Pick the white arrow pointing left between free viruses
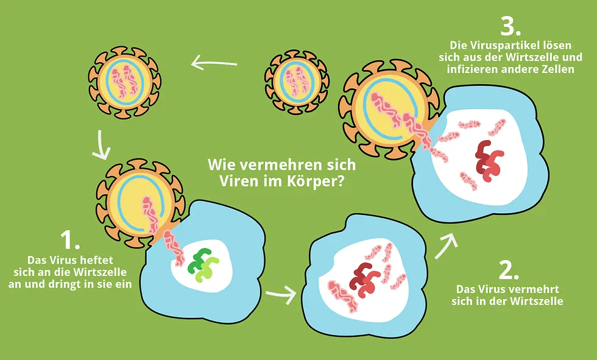point(214,63)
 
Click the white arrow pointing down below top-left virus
point(101,146)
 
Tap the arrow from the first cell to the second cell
point(281,294)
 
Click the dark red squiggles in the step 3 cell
point(489,160)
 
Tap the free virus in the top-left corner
point(125,82)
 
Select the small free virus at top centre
point(297,82)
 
